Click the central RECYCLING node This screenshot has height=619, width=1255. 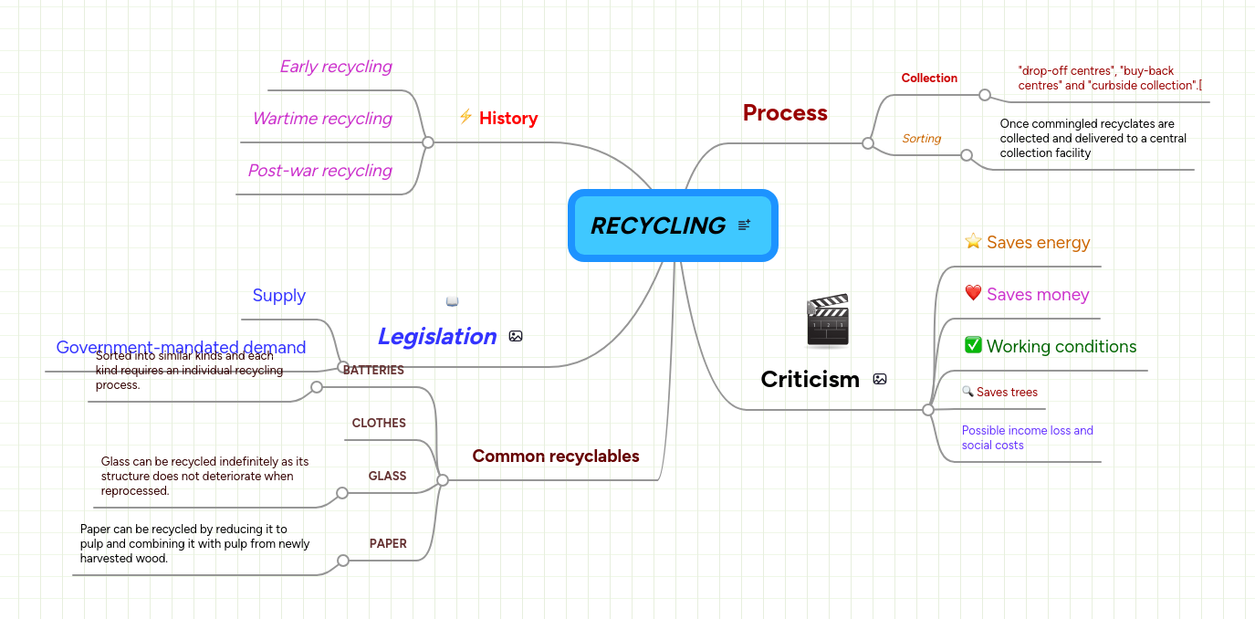(x=658, y=226)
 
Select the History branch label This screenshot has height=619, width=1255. (x=508, y=118)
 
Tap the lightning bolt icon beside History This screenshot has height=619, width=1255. (x=465, y=117)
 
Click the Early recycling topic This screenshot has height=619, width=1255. (x=335, y=67)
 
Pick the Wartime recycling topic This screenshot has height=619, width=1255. (x=321, y=119)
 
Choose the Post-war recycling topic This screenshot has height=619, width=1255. (x=319, y=171)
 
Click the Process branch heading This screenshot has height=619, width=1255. (x=784, y=113)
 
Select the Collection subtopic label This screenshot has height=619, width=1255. (x=929, y=79)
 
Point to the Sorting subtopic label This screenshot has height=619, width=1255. (x=921, y=139)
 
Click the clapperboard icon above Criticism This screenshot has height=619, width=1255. (x=828, y=320)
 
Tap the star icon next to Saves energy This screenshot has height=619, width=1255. (x=973, y=242)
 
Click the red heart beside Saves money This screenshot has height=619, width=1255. (x=973, y=294)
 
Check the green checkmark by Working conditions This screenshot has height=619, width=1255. (x=973, y=345)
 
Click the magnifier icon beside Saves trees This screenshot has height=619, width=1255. (x=967, y=392)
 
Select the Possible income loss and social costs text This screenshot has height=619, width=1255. (x=1027, y=437)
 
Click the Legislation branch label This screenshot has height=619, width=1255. (x=436, y=336)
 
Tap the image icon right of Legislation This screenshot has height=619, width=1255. (x=516, y=336)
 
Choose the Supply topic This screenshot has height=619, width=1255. (x=278, y=296)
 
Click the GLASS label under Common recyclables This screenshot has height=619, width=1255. (x=387, y=477)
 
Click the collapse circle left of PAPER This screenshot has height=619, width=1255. (x=343, y=561)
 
